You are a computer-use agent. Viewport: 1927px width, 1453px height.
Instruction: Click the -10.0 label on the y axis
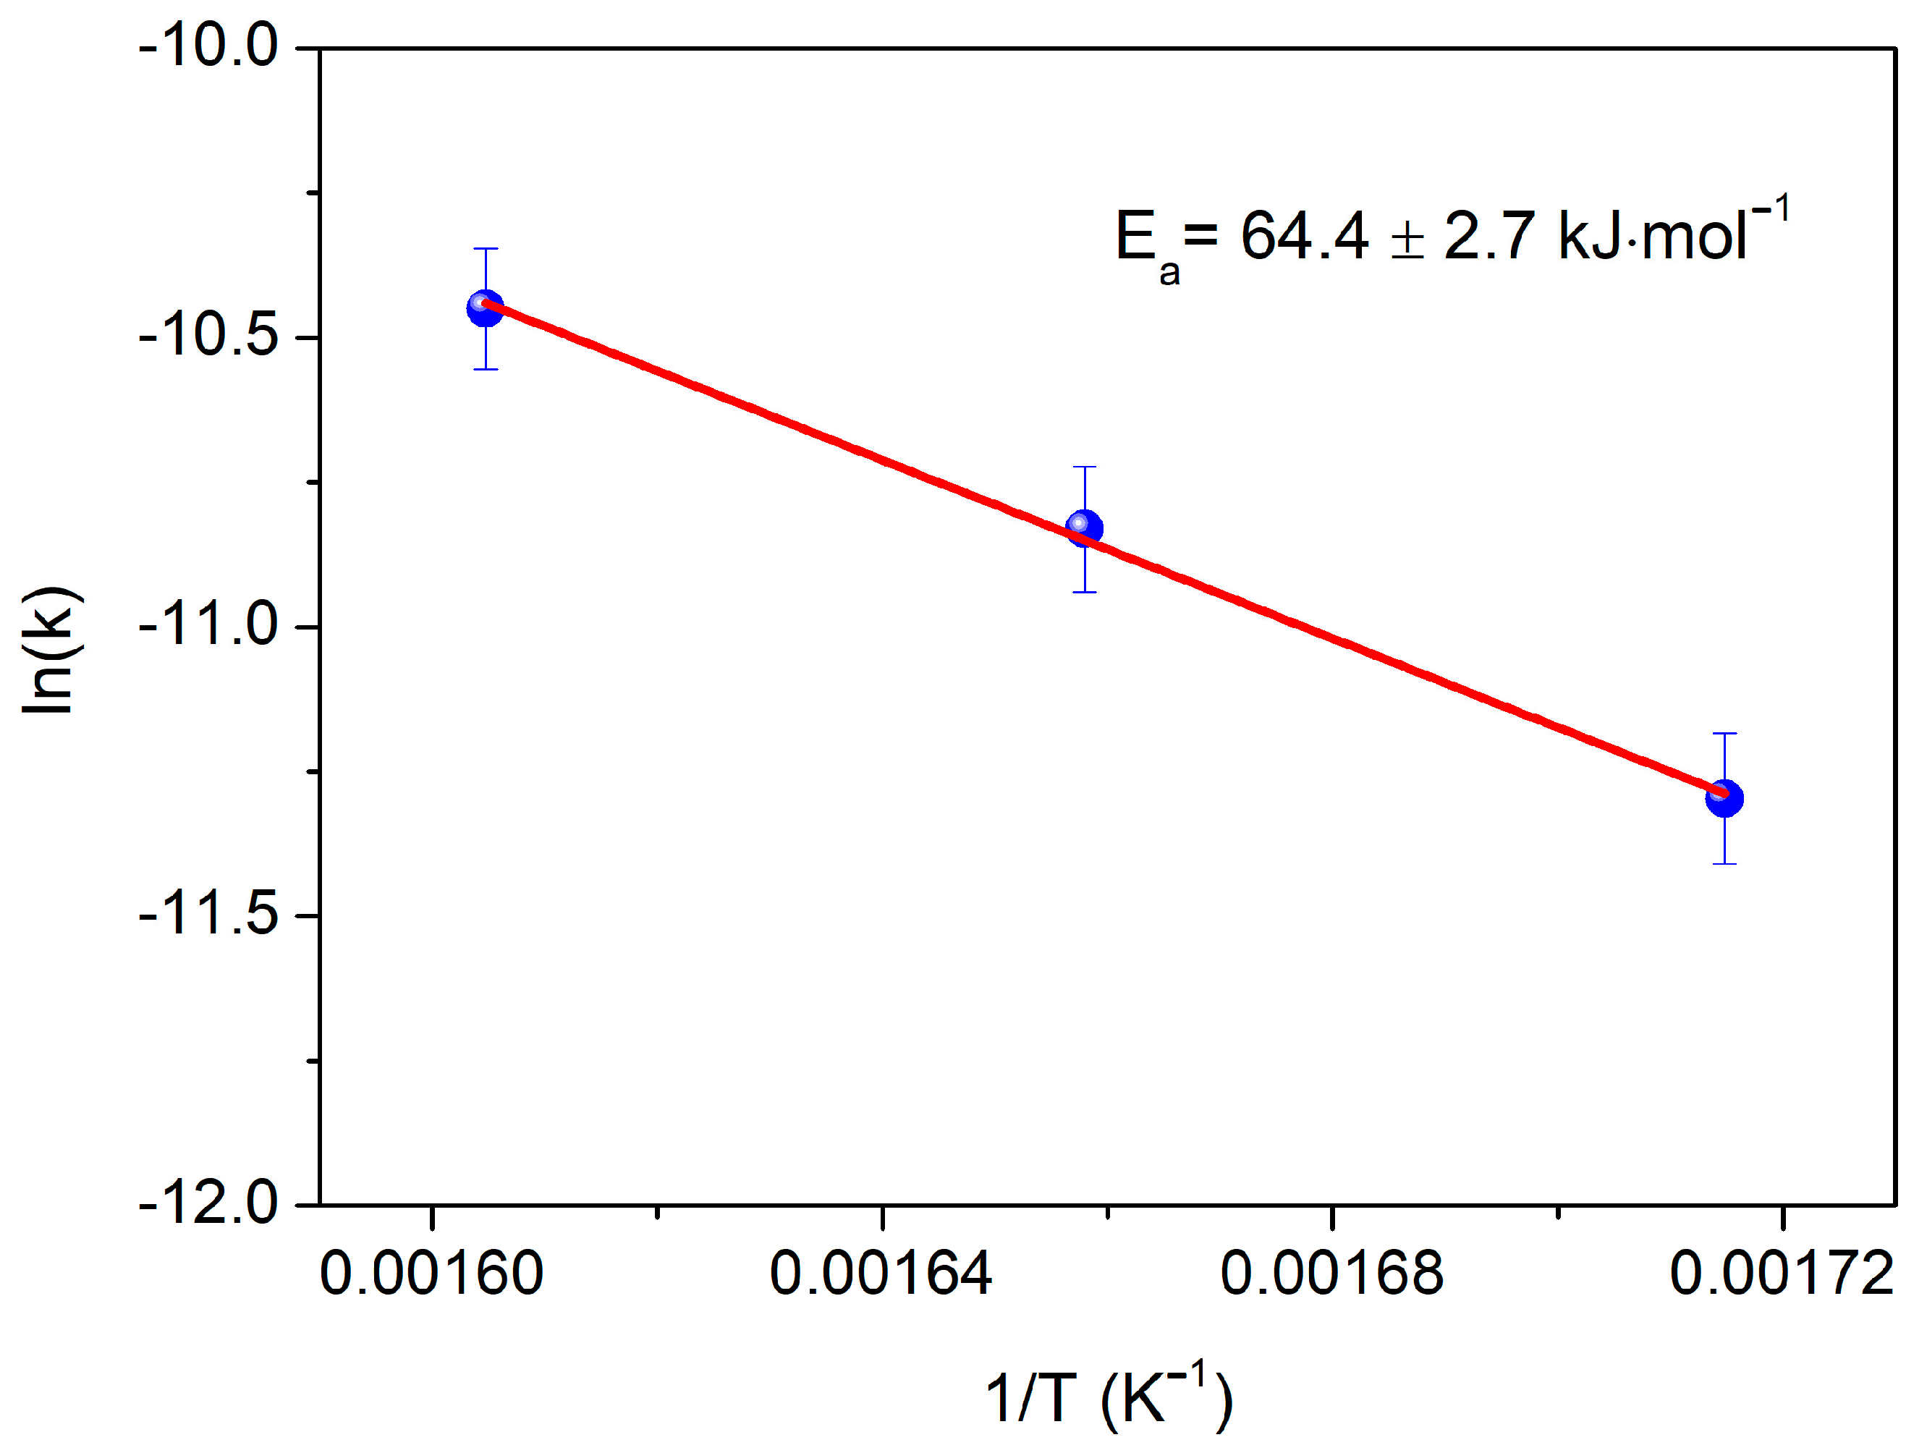pyautogui.click(x=209, y=46)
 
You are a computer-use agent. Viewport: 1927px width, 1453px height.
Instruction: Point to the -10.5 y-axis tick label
pyautogui.click(x=209, y=336)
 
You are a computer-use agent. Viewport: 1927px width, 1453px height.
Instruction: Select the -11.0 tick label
pyautogui.click(x=209, y=625)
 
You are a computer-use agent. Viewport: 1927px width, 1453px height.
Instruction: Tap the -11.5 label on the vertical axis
pyautogui.click(x=209, y=915)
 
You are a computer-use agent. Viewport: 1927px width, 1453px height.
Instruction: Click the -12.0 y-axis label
pyautogui.click(x=209, y=1204)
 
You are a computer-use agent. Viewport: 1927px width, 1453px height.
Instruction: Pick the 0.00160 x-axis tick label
pyautogui.click(x=431, y=1274)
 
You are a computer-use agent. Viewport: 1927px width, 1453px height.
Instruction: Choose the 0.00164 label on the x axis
pyautogui.click(x=881, y=1274)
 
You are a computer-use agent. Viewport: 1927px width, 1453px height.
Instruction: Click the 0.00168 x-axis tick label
pyautogui.click(x=1331, y=1274)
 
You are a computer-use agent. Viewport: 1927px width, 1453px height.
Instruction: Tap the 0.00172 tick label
pyautogui.click(x=1782, y=1274)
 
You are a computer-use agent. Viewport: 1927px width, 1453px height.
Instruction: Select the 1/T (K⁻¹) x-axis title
pyautogui.click(x=1108, y=1398)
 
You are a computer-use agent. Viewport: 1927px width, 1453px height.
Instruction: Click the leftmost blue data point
pyautogui.click(x=486, y=308)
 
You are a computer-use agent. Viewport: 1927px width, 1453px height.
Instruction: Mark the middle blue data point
pyautogui.click(x=1084, y=528)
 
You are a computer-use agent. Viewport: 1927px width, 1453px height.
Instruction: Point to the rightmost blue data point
pyautogui.click(x=1724, y=797)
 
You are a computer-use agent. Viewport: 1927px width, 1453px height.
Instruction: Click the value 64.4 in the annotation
pyautogui.click(x=1304, y=236)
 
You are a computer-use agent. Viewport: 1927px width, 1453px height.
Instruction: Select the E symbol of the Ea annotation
pyautogui.click(x=1136, y=236)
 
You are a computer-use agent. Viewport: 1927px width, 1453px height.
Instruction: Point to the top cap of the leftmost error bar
pyautogui.click(x=486, y=249)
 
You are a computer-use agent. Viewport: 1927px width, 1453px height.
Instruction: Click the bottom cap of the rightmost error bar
pyautogui.click(x=1724, y=864)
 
